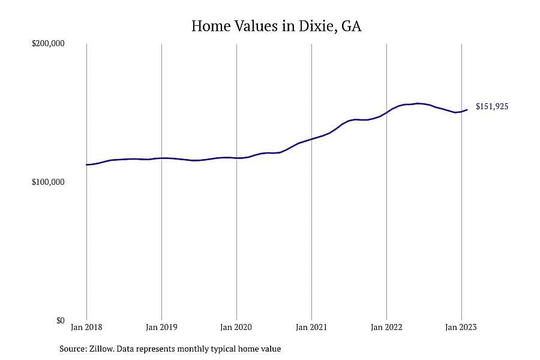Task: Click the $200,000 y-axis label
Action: pyautogui.click(x=48, y=44)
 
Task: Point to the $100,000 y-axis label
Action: pyautogui.click(x=48, y=182)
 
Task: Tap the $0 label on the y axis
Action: pyautogui.click(x=60, y=321)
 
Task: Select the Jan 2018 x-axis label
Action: pyautogui.click(x=86, y=327)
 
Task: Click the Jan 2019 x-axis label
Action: pyautogui.click(x=161, y=327)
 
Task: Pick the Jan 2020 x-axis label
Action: pyautogui.click(x=236, y=327)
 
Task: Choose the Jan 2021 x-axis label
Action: pyautogui.click(x=311, y=327)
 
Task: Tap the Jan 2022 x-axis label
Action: pyautogui.click(x=386, y=327)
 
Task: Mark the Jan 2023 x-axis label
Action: pyautogui.click(x=461, y=327)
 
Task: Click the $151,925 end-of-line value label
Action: pyautogui.click(x=492, y=106)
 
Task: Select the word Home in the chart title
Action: pyautogui.click(x=211, y=26)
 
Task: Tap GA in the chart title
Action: pyautogui.click(x=352, y=26)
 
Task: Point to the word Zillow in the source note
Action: pyautogui.click(x=101, y=349)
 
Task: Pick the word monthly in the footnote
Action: pyautogui.click(x=195, y=349)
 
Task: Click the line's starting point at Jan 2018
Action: pyautogui.click(x=87, y=164)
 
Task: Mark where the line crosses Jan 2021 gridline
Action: pyautogui.click(x=311, y=139)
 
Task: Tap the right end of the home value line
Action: pyautogui.click(x=467, y=110)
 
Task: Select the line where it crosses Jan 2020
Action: pyautogui.click(x=236, y=158)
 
